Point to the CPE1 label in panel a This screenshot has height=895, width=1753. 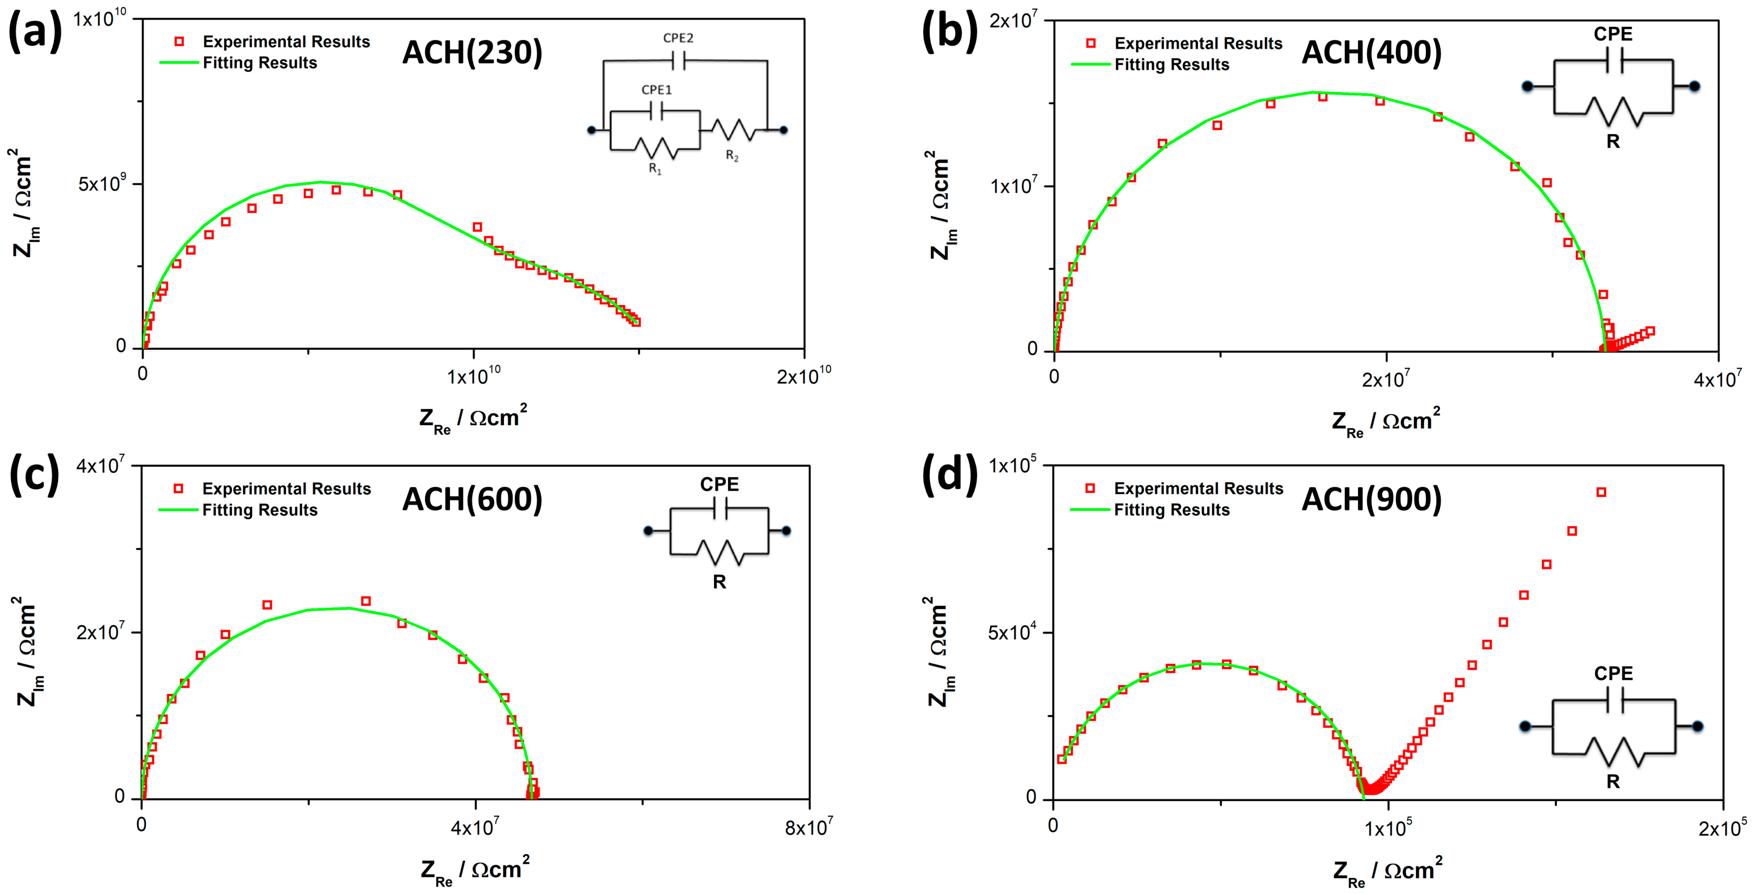[x=656, y=89]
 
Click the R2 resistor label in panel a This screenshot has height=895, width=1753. [x=732, y=156]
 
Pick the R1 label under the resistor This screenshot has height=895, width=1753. [x=654, y=169]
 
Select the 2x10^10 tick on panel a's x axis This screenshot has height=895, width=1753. [x=804, y=375]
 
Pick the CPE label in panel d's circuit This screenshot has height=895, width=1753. [x=1613, y=673]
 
